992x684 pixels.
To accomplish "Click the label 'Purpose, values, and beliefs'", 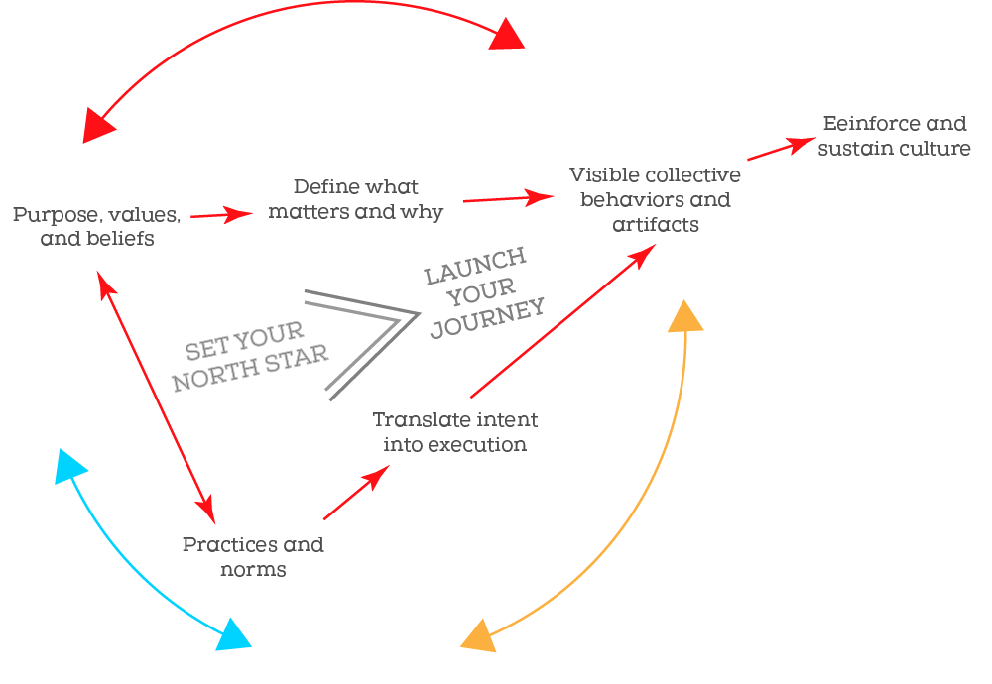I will coord(96,226).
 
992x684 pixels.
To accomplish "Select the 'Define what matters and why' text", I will coord(355,199).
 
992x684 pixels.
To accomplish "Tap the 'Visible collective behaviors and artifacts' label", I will coord(655,199).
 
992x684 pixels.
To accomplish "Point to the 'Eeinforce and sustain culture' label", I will coord(894,136).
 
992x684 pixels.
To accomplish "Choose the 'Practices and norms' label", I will coord(253,557).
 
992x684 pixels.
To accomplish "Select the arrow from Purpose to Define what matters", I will coord(222,214).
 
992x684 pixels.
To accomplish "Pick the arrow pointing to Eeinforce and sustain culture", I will coord(778,150).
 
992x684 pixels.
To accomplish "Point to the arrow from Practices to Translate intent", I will coord(355,493).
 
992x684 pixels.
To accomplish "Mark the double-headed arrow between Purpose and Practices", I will coord(156,398).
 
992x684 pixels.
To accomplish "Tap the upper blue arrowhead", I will coord(70,466).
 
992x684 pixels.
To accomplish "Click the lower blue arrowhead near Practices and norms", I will coord(233,635).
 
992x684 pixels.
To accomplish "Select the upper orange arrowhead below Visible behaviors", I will coord(685,317).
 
